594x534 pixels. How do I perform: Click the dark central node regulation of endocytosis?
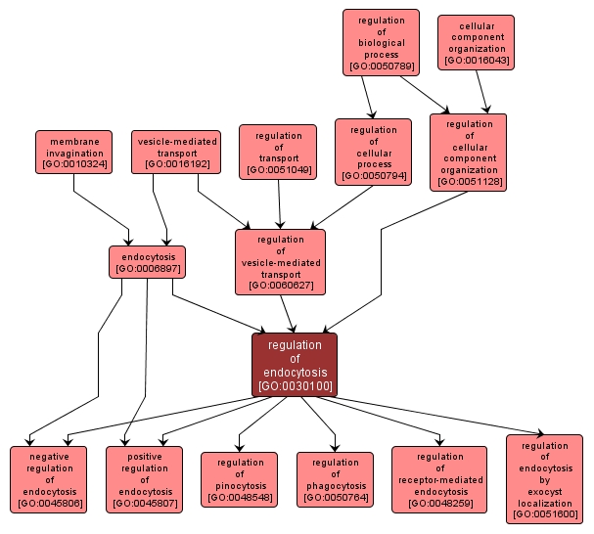pyautogui.click(x=294, y=364)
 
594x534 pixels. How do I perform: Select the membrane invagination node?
pyautogui.click(x=72, y=152)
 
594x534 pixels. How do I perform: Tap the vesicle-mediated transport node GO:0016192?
pyautogui.click(x=176, y=152)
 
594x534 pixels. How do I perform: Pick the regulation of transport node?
pyautogui.click(x=278, y=152)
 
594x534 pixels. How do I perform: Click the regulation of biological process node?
pyautogui.click(x=381, y=42)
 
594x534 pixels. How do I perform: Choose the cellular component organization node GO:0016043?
pyautogui.click(x=476, y=41)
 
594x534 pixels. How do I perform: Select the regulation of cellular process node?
pyautogui.click(x=373, y=152)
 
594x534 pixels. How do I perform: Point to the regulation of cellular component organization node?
pyautogui.click(x=468, y=152)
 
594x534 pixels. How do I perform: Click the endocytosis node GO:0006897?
pyautogui.click(x=147, y=261)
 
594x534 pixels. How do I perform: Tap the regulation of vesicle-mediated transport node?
pyautogui.click(x=280, y=261)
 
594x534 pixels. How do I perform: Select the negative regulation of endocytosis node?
pyautogui.click(x=49, y=478)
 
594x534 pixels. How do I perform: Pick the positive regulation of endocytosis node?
pyautogui.click(x=145, y=478)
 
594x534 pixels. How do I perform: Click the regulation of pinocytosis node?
pyautogui.click(x=240, y=479)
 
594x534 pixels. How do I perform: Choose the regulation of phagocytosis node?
pyautogui.click(x=335, y=479)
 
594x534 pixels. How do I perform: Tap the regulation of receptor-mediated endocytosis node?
pyautogui.click(x=439, y=478)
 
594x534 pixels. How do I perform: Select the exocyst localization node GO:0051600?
pyautogui.click(x=544, y=478)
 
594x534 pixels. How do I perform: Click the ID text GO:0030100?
pyautogui.click(x=295, y=386)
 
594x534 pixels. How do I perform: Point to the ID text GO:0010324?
pyautogui.click(x=72, y=164)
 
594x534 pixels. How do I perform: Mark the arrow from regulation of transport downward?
pyautogui.click(x=280, y=203)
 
